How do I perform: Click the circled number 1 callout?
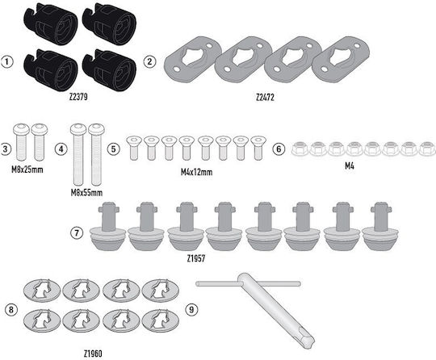[x=7, y=61]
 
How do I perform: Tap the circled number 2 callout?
[x=150, y=61]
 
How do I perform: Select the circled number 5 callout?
[x=114, y=149]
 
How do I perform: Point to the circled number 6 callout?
[x=279, y=149]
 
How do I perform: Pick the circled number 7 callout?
[x=77, y=233]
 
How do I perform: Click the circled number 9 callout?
[x=191, y=309]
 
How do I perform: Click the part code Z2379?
[x=78, y=97]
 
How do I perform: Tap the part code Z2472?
[x=265, y=98]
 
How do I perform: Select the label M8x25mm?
[x=27, y=170]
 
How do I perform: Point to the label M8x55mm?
[x=86, y=193]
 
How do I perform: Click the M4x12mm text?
[x=196, y=172]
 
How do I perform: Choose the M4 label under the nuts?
[x=350, y=166]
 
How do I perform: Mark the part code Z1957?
[x=196, y=259]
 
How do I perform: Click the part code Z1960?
[x=93, y=354]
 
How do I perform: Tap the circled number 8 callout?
[x=11, y=309]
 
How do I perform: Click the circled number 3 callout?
[x=5, y=149]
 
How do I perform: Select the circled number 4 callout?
[x=61, y=149]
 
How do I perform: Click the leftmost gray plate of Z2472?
[x=192, y=61]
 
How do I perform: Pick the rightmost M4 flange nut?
[x=427, y=149]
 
